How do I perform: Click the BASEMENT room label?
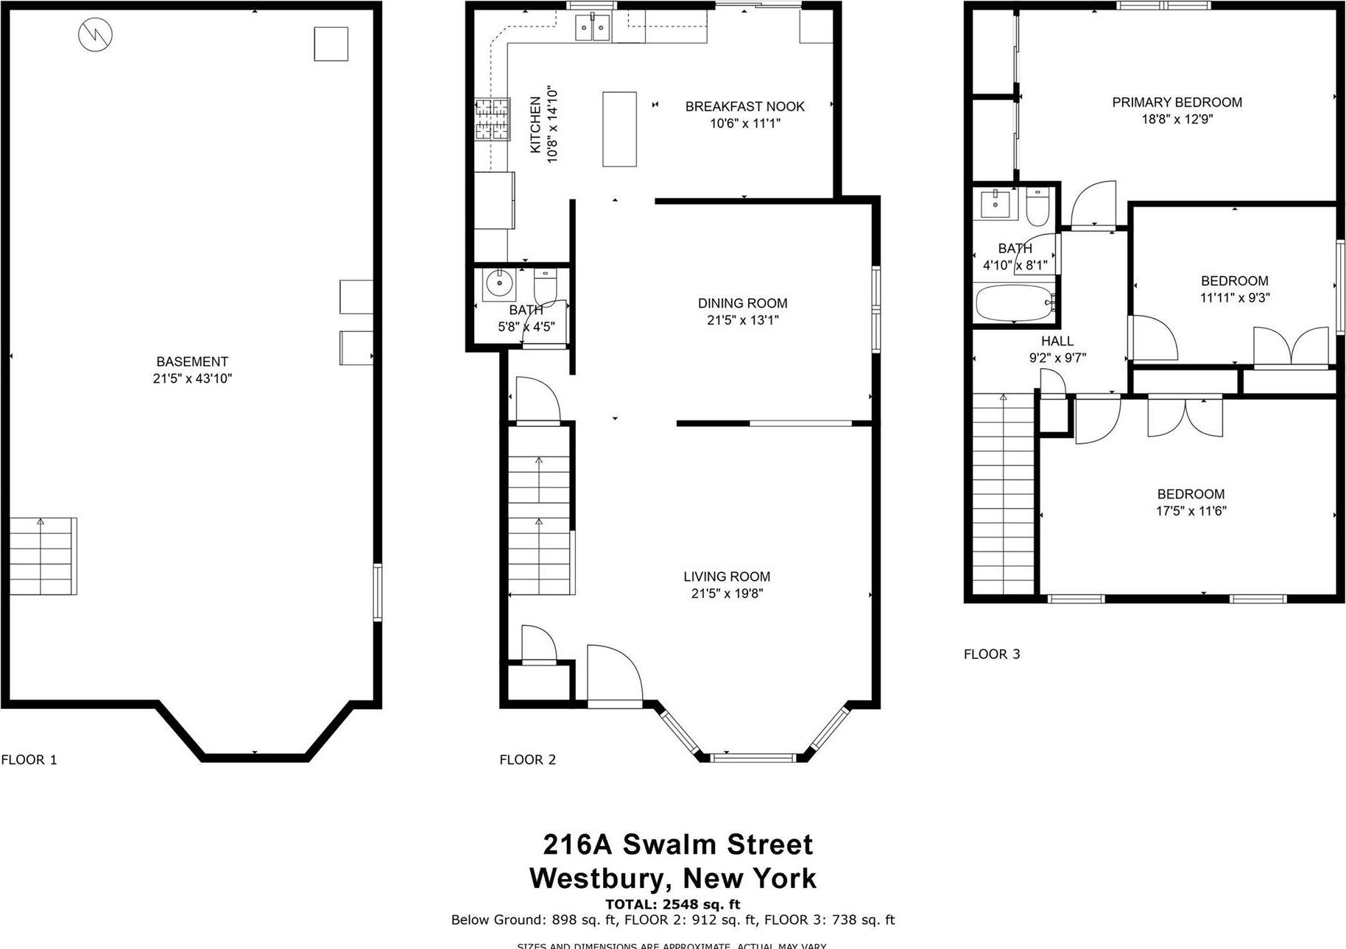(192, 361)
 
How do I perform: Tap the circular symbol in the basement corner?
(96, 34)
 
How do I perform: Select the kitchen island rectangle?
(619, 129)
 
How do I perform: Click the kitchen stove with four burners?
(492, 119)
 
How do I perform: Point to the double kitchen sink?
(593, 29)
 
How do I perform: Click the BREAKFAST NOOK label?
(744, 107)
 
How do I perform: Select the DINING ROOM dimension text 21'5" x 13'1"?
(742, 320)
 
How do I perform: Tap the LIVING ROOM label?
(727, 576)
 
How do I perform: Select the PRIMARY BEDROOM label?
(1177, 102)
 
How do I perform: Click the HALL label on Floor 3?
(1057, 341)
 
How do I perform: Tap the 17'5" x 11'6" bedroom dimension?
(1191, 511)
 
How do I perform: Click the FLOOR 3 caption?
(992, 654)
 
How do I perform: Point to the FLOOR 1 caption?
(29, 760)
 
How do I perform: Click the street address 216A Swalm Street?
(677, 844)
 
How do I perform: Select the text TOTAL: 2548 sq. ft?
(672, 904)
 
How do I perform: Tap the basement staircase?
(43, 557)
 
